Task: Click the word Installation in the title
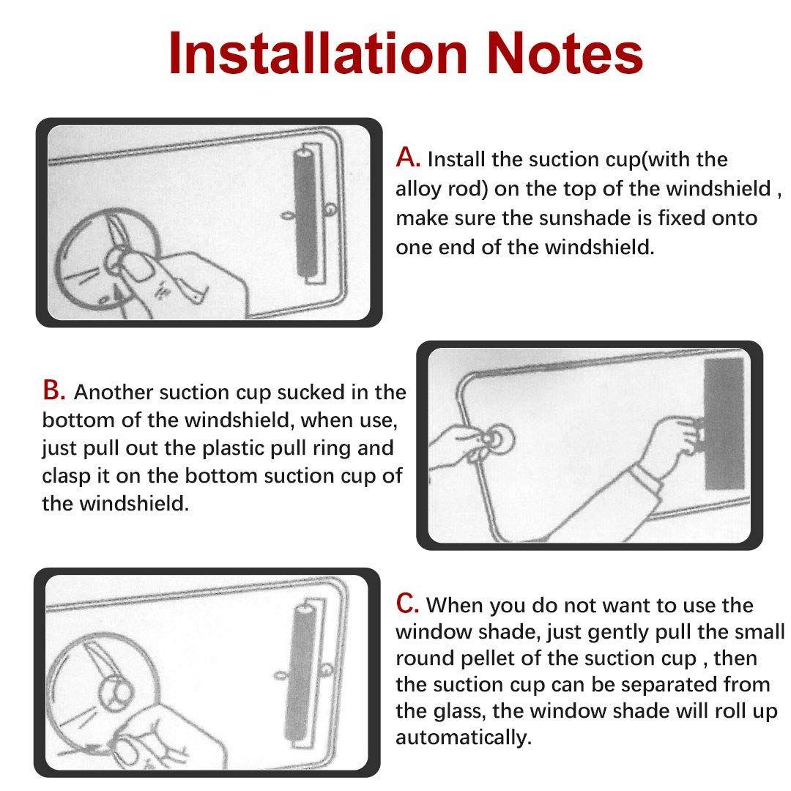[318, 53]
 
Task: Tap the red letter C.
[407, 603]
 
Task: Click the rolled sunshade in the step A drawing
[306, 212]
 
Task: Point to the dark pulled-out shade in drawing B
[724, 423]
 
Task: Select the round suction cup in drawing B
[496, 440]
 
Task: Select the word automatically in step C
[464, 737]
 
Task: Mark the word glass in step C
[460, 711]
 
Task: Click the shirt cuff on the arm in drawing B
[647, 479]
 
